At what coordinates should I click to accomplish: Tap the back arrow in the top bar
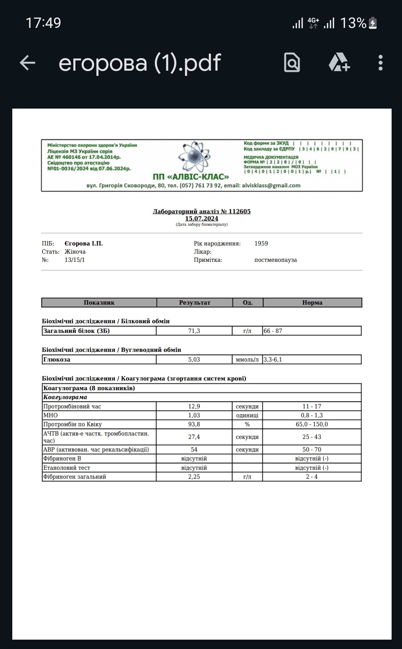(x=27, y=62)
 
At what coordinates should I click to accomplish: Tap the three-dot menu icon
(x=380, y=62)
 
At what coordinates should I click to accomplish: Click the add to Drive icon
(x=339, y=62)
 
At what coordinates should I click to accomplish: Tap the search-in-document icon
(x=292, y=62)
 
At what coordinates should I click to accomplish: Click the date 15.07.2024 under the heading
(x=202, y=218)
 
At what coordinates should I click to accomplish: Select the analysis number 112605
(x=239, y=211)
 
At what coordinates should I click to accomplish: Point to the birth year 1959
(x=261, y=243)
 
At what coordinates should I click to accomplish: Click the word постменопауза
(x=275, y=260)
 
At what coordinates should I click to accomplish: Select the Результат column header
(x=195, y=302)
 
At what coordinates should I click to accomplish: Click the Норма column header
(x=312, y=302)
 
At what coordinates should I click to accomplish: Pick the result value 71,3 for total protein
(x=194, y=331)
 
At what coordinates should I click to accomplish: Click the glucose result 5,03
(x=194, y=359)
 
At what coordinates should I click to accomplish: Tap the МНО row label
(x=51, y=415)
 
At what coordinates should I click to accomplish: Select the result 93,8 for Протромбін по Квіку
(x=194, y=424)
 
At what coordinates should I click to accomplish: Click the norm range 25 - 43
(x=312, y=437)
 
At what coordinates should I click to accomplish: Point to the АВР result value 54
(x=194, y=449)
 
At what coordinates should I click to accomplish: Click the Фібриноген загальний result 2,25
(x=194, y=476)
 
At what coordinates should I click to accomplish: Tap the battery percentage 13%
(x=353, y=23)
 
